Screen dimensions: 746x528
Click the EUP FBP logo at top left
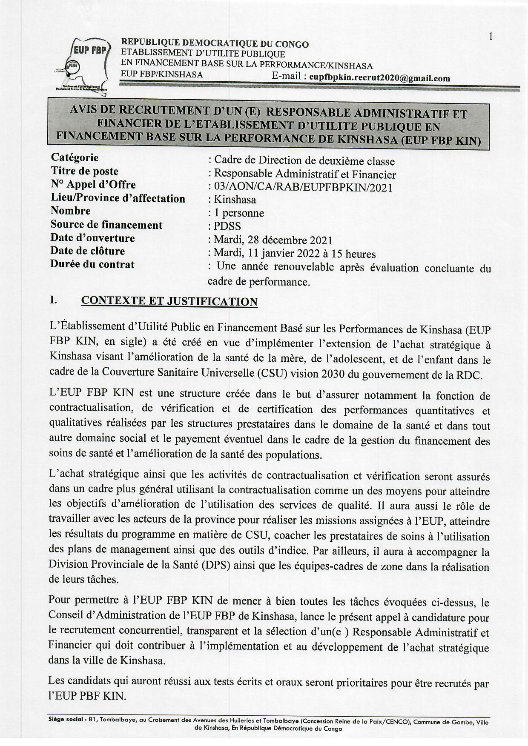click(82, 64)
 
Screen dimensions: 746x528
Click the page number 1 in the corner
click(491, 37)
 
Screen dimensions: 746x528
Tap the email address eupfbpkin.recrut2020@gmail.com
click(379, 78)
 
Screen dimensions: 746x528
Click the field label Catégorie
click(75, 157)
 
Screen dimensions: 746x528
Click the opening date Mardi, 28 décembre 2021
click(273, 240)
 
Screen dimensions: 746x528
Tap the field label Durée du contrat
click(92, 264)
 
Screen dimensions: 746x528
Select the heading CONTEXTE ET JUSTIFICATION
click(169, 301)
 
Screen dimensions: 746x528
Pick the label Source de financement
click(106, 225)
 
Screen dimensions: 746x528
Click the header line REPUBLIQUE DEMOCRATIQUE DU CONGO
click(215, 44)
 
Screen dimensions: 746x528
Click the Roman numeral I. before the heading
click(53, 300)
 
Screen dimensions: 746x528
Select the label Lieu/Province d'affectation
click(118, 198)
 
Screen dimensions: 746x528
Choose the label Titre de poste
click(84, 171)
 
